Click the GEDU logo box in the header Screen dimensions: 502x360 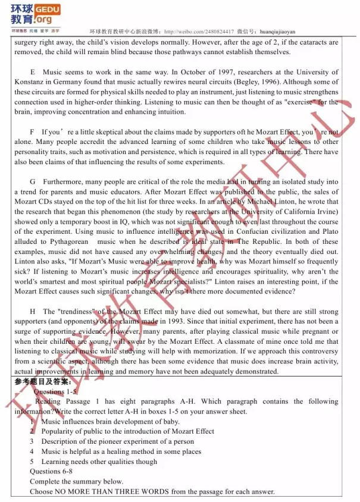[48, 10]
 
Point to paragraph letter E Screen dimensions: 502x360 [32, 72]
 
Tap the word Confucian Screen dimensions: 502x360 [234, 232]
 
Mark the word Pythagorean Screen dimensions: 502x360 [66, 242]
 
